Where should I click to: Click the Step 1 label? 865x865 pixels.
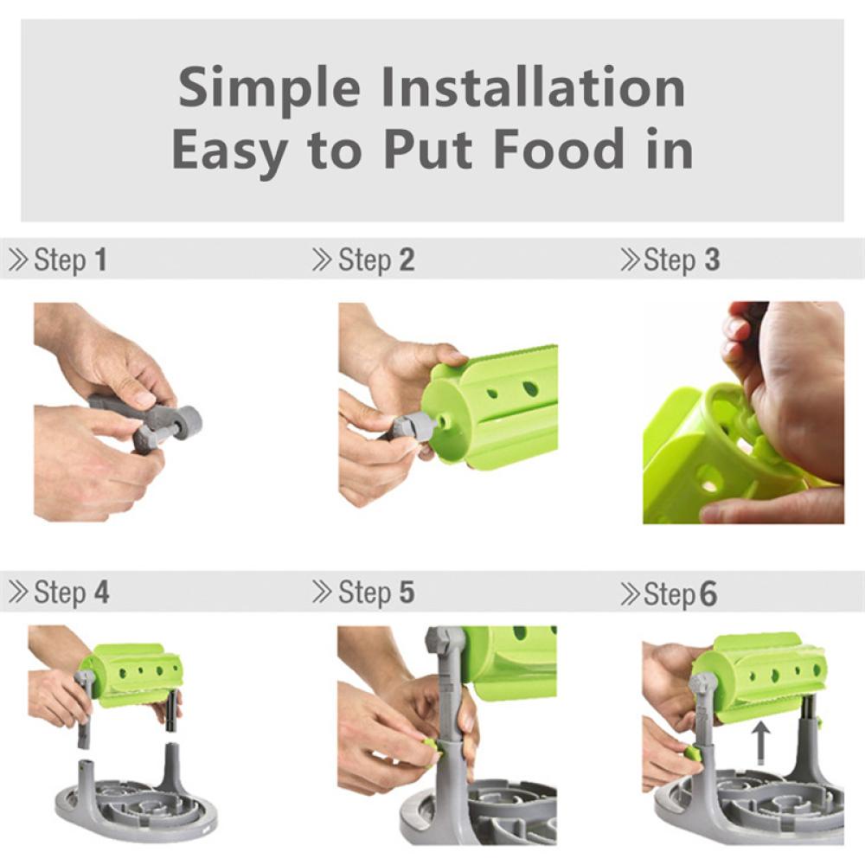(70, 259)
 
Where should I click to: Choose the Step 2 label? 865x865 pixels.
(375, 259)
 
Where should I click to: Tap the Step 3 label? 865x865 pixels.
(682, 259)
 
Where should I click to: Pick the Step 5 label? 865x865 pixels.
(375, 593)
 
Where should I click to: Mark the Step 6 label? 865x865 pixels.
(680, 593)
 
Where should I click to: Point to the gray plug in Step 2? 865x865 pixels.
(412, 426)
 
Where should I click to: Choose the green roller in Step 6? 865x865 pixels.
(761, 675)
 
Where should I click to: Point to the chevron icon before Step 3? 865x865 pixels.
(630, 259)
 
